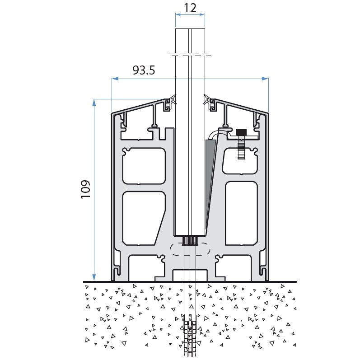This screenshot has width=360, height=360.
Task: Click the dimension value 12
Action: click(x=190, y=7)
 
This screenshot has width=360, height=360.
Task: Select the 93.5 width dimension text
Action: click(x=144, y=70)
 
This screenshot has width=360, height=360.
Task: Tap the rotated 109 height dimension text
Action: click(x=86, y=190)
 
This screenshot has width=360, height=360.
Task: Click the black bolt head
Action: click(x=241, y=132)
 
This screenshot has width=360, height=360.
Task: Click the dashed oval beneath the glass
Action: click(x=190, y=250)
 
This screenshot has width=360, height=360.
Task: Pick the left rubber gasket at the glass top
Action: click(x=170, y=103)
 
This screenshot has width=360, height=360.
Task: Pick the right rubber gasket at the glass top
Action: click(x=210, y=103)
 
